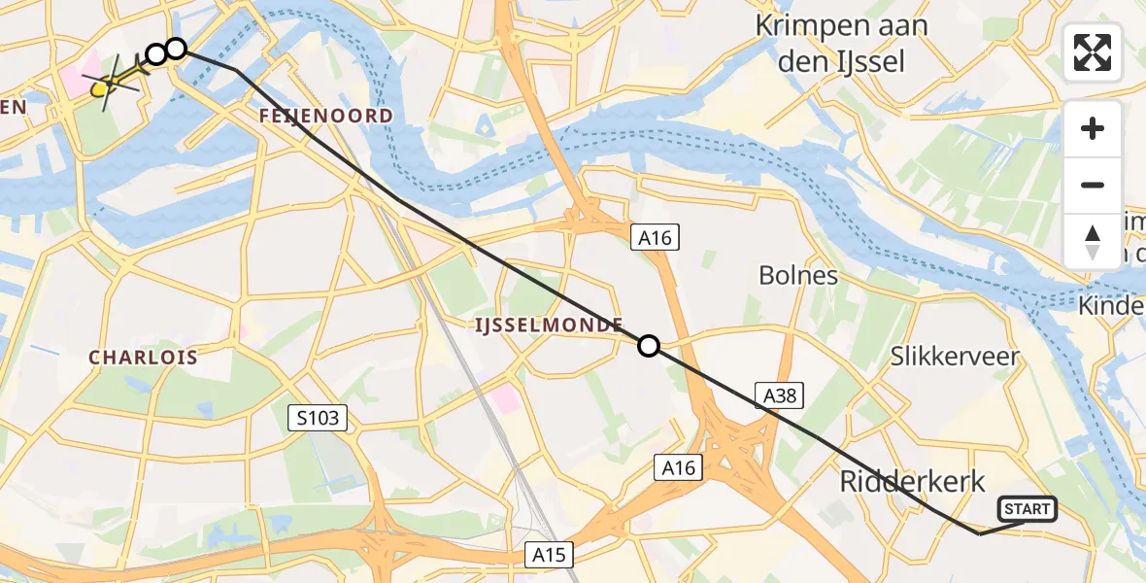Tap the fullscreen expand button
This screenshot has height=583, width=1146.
[x=1093, y=52]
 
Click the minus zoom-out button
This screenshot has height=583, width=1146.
[x=1093, y=185]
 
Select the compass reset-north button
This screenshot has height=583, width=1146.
[x=1093, y=242]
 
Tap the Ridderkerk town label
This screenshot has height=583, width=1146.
[x=913, y=481]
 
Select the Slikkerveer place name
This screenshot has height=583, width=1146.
[x=956, y=356]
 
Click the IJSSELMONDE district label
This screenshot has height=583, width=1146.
[x=549, y=326]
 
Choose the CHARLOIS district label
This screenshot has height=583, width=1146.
[x=144, y=358]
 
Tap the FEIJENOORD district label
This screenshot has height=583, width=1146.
[x=326, y=116]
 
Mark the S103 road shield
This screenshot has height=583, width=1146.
[x=317, y=419]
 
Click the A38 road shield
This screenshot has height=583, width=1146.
[x=780, y=394]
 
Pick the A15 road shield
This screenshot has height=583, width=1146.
[x=549, y=555]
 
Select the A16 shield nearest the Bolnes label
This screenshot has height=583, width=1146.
[x=655, y=237]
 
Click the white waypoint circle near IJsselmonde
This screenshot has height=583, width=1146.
[x=648, y=346]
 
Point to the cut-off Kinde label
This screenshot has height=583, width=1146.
[x=1111, y=306]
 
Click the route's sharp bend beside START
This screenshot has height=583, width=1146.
[x=979, y=533]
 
